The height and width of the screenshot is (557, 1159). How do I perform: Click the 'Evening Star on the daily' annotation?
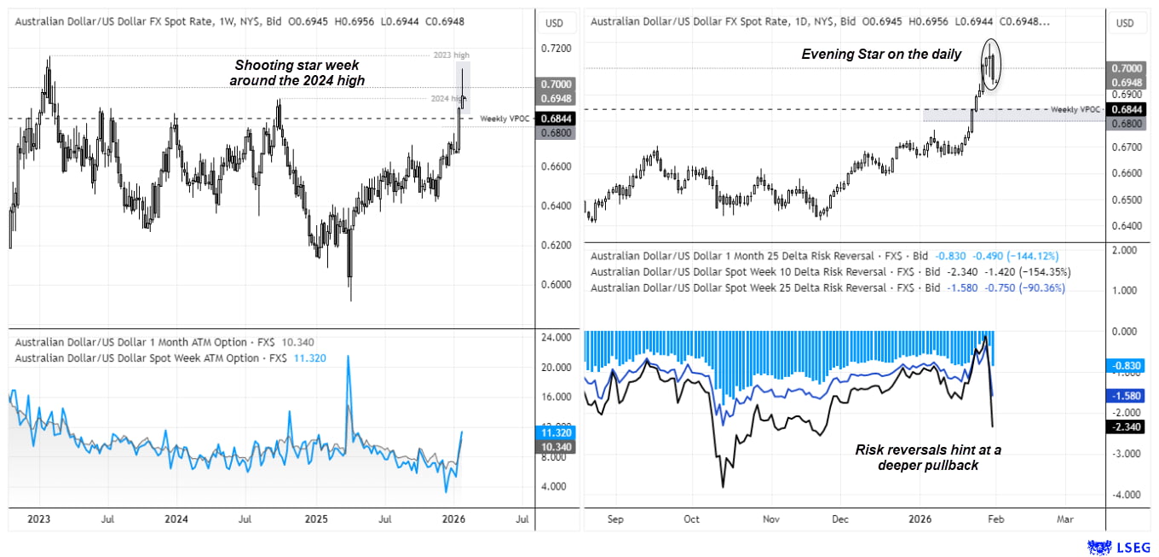click(881, 55)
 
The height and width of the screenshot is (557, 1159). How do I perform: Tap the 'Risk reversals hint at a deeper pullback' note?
click(927, 456)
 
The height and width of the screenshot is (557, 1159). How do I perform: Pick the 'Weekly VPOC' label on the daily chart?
click(1075, 109)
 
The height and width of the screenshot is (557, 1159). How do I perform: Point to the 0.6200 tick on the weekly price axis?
click(557, 245)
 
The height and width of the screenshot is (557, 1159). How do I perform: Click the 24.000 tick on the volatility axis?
click(557, 337)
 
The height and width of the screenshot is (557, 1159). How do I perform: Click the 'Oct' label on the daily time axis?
click(691, 518)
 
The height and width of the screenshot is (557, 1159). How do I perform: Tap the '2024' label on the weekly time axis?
click(176, 518)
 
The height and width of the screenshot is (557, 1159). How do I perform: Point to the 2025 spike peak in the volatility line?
click(349, 357)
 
